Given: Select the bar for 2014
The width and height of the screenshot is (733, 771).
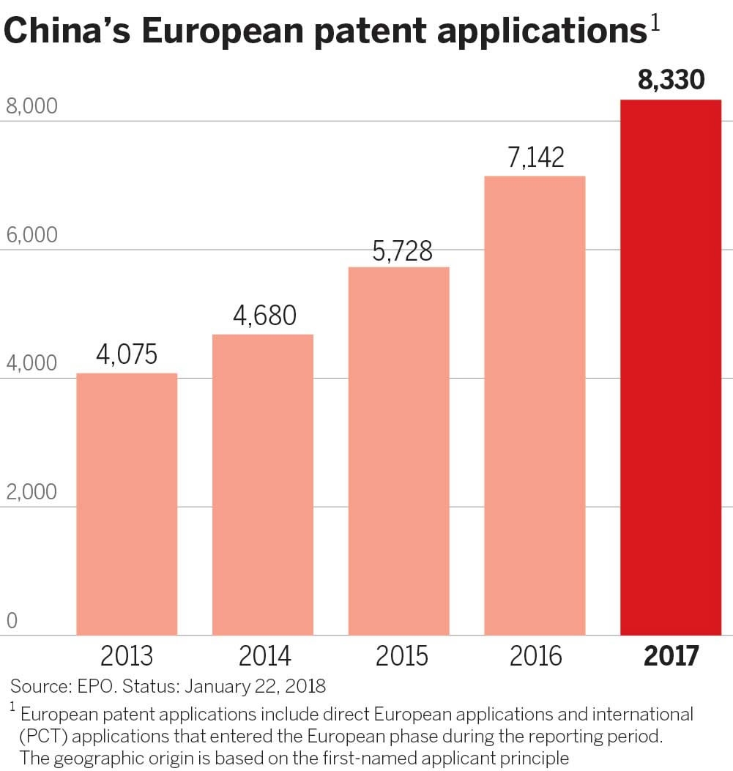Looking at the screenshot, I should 263,485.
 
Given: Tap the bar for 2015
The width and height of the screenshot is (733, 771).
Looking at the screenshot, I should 398,451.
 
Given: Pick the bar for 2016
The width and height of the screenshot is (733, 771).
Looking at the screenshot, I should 535,406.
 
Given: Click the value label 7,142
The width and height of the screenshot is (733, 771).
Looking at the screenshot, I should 535,157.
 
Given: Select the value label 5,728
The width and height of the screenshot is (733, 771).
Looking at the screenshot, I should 402,251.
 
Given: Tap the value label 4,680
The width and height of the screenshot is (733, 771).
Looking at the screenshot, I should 264,316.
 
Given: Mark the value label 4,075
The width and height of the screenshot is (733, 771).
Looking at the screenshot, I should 127,355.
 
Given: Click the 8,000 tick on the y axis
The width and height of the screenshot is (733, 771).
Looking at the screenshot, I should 31,107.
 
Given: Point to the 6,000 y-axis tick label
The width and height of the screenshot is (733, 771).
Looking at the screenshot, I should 31,235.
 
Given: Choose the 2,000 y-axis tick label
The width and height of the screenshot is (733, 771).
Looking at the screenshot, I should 31,491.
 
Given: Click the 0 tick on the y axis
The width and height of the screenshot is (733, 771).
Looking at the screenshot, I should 12,621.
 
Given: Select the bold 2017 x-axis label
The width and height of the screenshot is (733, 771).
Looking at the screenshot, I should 671,655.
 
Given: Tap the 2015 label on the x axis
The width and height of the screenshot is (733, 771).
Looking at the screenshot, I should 401,655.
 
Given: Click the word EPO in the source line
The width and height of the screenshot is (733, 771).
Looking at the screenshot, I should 97,687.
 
